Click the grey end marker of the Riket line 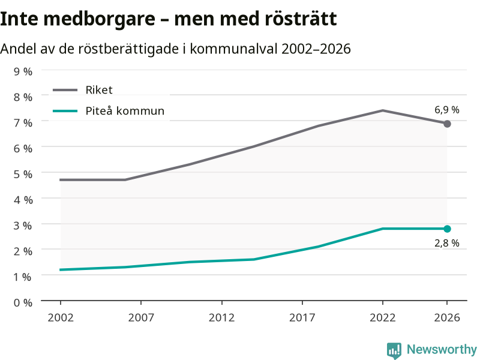pyautogui.click(x=447, y=124)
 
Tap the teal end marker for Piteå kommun pyautogui.click(x=447, y=229)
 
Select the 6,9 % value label pyautogui.click(x=447, y=110)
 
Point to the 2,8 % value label pyautogui.click(x=447, y=243)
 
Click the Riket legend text pyautogui.click(x=99, y=90)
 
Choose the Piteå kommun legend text pyautogui.click(x=125, y=110)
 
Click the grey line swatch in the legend pyautogui.click(x=65, y=90)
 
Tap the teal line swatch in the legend pyautogui.click(x=65, y=111)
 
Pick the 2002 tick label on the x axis pyautogui.click(x=61, y=318)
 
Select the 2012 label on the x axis pyautogui.click(x=221, y=318)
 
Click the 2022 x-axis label pyautogui.click(x=383, y=318)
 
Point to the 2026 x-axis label pyautogui.click(x=447, y=318)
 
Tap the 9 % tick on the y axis pyautogui.click(x=23, y=71)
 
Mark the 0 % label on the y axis pyautogui.click(x=23, y=303)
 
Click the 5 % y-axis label pyautogui.click(x=23, y=175)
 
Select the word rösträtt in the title pyautogui.click(x=301, y=19)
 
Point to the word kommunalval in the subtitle pyautogui.click(x=233, y=49)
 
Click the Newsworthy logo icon pyautogui.click(x=394, y=350)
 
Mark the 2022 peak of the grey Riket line pyautogui.click(x=383, y=110)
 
